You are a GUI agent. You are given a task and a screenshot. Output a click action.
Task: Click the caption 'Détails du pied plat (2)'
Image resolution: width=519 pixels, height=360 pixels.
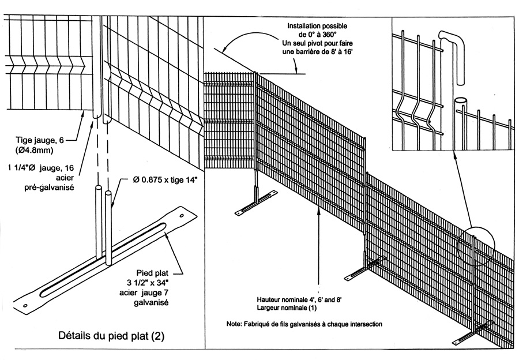[111, 336]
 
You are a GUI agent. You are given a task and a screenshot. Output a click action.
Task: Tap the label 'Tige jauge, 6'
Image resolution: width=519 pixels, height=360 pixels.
[39, 140]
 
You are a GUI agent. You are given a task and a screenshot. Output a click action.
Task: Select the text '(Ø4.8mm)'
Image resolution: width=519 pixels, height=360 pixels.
[34, 150]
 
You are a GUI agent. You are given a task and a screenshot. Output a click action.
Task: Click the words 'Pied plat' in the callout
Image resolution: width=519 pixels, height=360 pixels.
[152, 273]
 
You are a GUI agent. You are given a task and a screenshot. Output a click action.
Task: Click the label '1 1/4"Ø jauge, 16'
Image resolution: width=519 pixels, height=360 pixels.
[41, 168]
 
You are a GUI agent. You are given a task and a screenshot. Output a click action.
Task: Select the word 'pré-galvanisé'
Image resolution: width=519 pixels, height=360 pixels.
[50, 187]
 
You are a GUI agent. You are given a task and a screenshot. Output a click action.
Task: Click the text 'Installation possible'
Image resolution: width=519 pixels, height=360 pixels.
[317, 26]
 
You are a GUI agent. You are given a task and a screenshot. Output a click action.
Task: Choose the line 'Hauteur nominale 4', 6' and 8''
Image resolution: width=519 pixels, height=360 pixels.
[299, 300]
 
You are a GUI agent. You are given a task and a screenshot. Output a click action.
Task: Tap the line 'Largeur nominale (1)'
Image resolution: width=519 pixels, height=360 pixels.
[287, 308]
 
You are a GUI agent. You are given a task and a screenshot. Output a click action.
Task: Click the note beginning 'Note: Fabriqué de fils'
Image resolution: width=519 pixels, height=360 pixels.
[304, 324]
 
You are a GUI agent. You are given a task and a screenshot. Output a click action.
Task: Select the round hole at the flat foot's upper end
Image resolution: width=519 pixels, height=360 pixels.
[182, 216]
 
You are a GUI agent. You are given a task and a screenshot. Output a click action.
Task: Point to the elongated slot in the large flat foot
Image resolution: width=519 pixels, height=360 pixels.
[103, 260]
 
